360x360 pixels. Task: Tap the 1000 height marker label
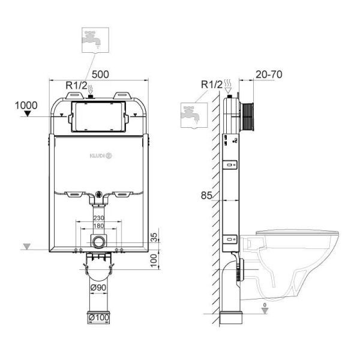[26, 105]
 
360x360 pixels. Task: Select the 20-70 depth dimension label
[268, 74]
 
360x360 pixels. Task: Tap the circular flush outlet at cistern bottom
[98, 242]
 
